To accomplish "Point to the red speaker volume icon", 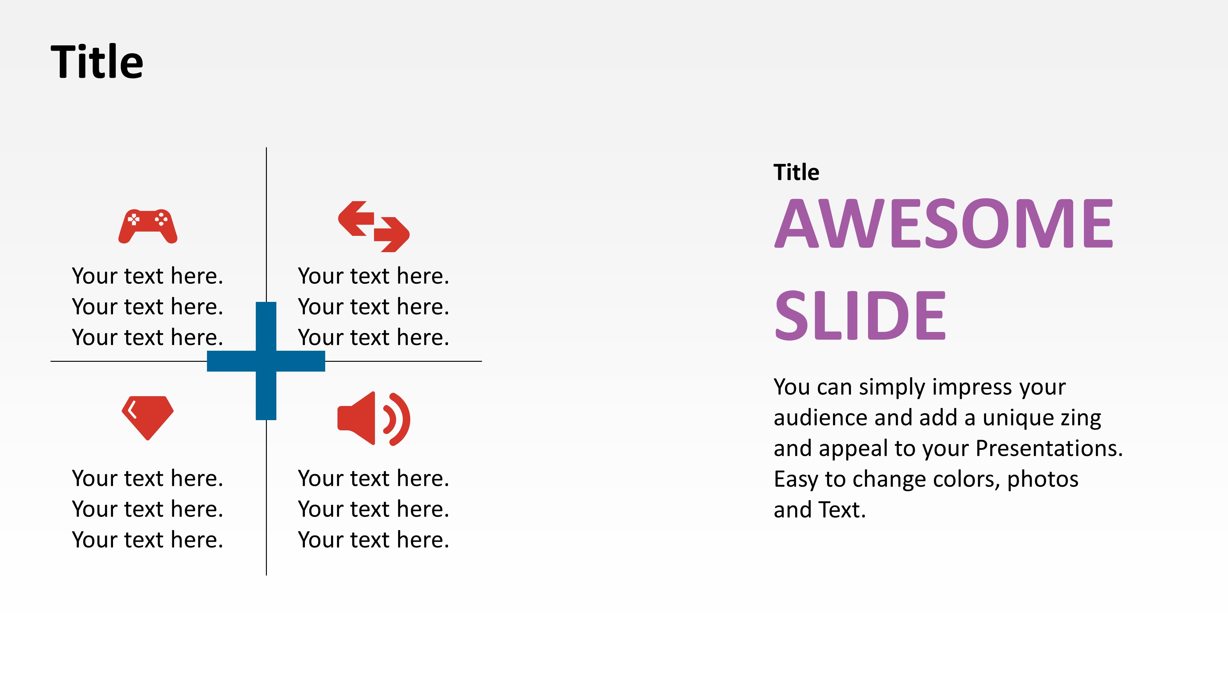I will coord(373,419).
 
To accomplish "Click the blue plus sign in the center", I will coord(266,361).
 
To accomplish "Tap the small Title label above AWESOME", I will coord(796,172).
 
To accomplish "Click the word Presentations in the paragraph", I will coord(1049,448).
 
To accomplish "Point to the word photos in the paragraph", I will coord(1043,479).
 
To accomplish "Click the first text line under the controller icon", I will coord(148,276).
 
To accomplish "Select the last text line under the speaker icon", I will coord(373,540).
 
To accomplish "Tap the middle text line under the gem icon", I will coord(148,509).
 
